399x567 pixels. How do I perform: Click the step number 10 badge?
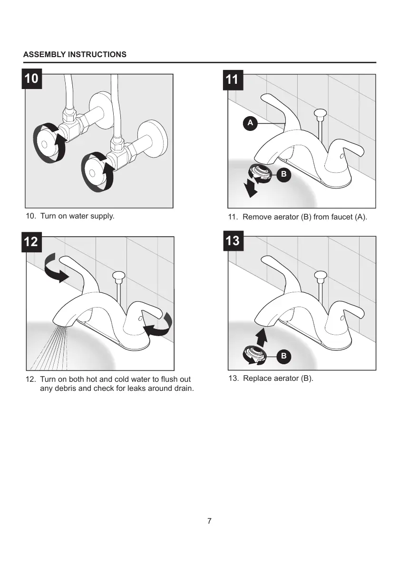31,79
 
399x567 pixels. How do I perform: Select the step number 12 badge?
31,241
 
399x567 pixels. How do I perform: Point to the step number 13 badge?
233,241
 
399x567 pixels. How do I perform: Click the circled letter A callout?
250,123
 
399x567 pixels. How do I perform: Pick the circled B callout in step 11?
283,174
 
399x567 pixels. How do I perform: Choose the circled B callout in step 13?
283,356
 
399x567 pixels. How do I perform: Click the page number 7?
209,520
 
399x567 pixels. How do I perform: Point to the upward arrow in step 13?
260,336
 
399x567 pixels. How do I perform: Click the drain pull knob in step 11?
320,113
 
